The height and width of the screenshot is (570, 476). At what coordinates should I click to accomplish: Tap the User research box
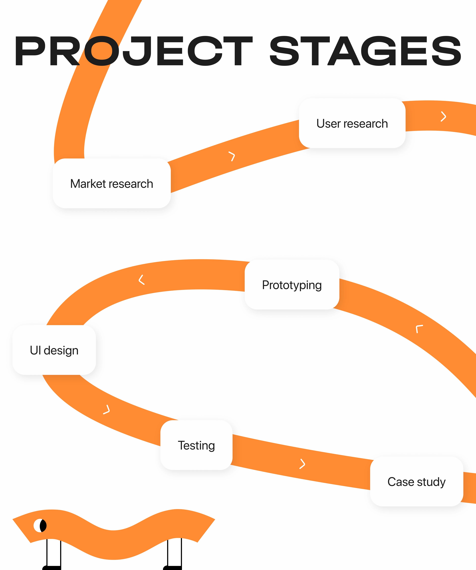tap(352, 124)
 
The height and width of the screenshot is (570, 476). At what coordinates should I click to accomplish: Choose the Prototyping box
tap(292, 285)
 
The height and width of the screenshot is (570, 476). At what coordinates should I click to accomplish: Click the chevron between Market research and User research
tap(232, 156)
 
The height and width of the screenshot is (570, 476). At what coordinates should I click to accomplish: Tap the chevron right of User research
tap(443, 117)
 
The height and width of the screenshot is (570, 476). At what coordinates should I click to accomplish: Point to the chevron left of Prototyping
tap(141, 280)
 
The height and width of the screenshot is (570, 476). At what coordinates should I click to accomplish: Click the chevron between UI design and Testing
tap(107, 409)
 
